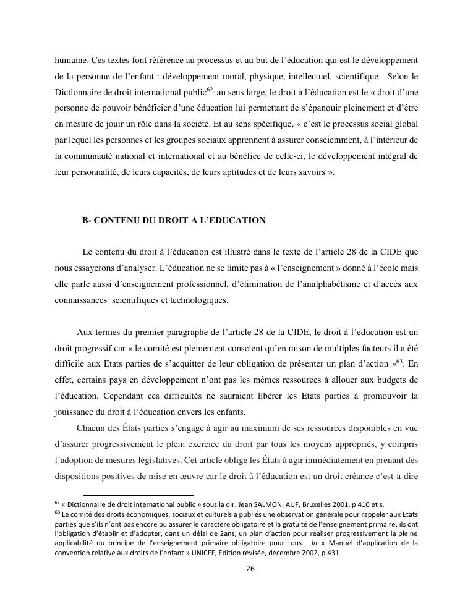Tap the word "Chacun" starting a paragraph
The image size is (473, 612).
coord(92,428)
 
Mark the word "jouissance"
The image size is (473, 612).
coord(74,412)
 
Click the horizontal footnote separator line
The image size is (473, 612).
coord(138,495)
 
